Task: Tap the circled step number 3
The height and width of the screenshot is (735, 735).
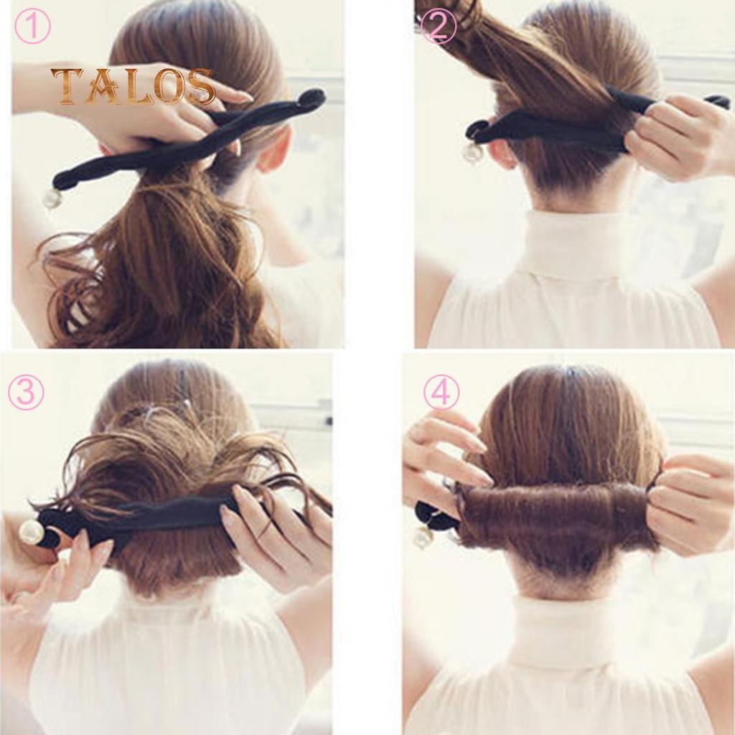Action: pyautogui.click(x=26, y=393)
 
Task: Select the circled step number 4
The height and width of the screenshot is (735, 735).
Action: pyautogui.click(x=441, y=392)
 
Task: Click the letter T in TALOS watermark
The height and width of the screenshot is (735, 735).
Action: pyautogui.click(x=66, y=86)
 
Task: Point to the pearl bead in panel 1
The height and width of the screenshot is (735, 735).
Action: pyautogui.click(x=52, y=199)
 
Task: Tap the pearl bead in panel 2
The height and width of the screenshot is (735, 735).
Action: pyautogui.click(x=472, y=152)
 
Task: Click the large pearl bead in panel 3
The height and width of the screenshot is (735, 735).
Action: pyautogui.click(x=32, y=532)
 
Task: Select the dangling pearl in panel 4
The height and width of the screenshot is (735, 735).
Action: pyautogui.click(x=423, y=538)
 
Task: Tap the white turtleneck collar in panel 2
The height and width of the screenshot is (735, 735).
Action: pyautogui.click(x=574, y=244)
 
